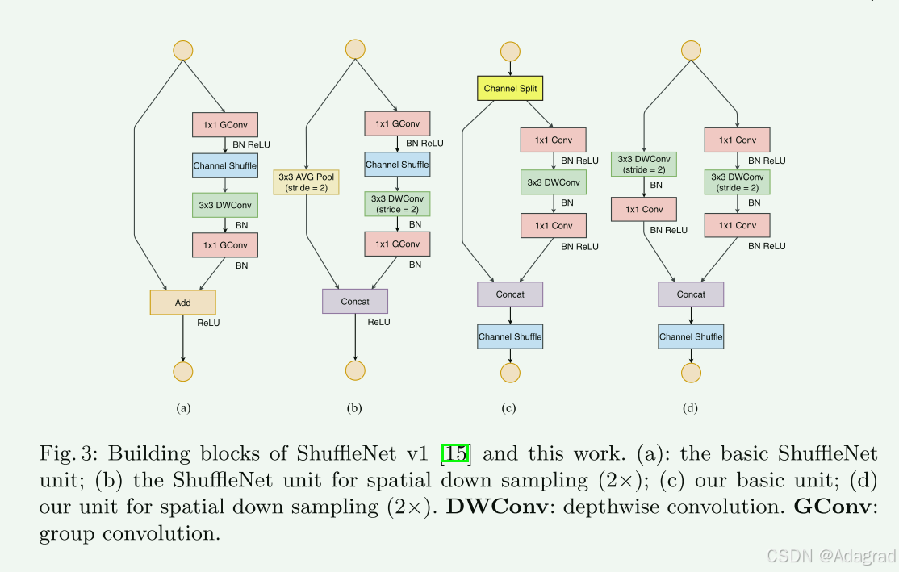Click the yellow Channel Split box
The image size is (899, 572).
tap(510, 88)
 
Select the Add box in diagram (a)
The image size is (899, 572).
tap(183, 303)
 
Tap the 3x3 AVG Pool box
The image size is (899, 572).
tap(307, 182)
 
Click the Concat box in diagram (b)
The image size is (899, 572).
tap(355, 301)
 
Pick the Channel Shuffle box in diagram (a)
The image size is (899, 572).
tap(224, 166)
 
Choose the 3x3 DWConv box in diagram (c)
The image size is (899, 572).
tap(553, 182)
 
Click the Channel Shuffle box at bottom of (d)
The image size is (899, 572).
tap(691, 336)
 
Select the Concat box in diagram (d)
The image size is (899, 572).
tap(691, 294)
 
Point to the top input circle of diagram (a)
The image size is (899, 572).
tap(183, 49)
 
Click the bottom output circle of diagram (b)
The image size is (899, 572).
tap(355, 370)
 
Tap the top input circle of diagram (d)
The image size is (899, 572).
tap(691, 49)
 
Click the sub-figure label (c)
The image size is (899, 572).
tap(508, 408)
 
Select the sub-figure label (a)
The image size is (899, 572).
tap(183, 408)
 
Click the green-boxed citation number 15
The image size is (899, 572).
tap(456, 453)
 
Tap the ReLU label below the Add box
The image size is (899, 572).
tap(208, 323)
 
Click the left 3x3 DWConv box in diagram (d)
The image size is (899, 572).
tap(644, 164)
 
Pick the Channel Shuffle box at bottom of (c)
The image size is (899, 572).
tap(510, 336)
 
